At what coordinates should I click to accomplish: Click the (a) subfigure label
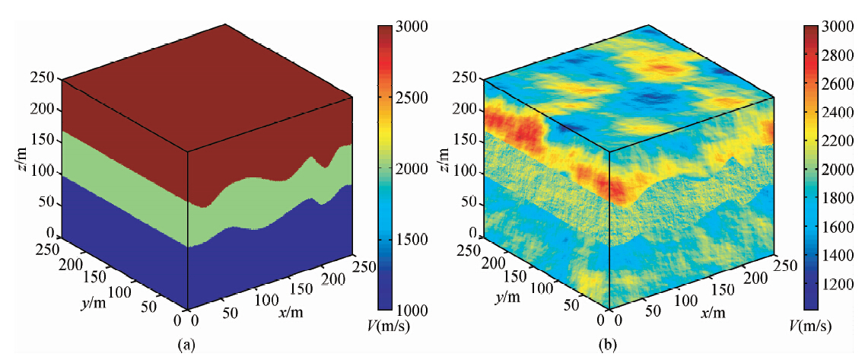[185, 346]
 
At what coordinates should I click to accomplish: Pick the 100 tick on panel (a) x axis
[267, 300]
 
